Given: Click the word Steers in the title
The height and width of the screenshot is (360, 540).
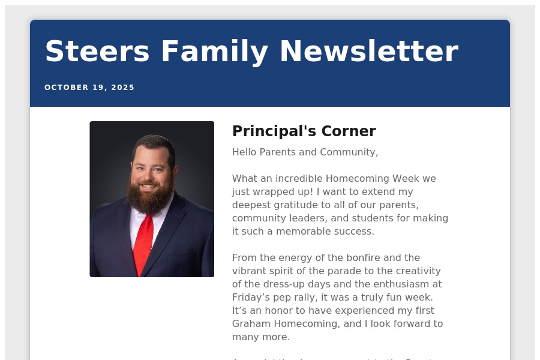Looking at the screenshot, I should click(97, 52).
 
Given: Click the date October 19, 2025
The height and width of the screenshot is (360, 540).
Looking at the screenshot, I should click(89, 88).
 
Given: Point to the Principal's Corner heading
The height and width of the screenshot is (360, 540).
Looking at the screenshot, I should click(304, 131).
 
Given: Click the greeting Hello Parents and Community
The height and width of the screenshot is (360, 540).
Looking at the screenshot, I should click(305, 152).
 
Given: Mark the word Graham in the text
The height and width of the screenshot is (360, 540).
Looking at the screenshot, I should click(251, 324).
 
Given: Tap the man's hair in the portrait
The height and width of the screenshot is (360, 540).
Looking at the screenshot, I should click(154, 143).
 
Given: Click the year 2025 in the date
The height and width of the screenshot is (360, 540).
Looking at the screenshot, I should click(123, 88).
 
